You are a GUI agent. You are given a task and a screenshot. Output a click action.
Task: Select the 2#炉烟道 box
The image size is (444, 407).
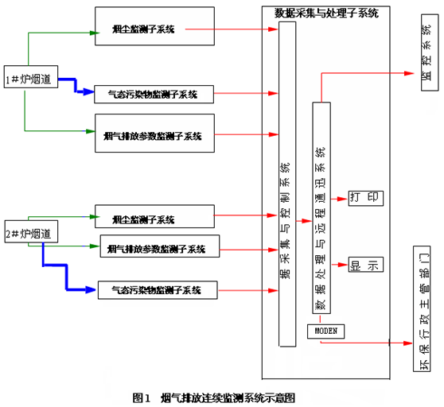coord(31,234)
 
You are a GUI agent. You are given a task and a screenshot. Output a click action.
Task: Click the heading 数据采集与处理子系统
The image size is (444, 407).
coord(326,13)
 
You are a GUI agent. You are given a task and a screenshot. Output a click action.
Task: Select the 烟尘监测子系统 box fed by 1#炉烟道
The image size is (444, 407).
coord(154,29)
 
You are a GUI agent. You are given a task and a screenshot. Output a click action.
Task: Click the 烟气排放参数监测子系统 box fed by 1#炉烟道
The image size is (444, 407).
coord(154,134)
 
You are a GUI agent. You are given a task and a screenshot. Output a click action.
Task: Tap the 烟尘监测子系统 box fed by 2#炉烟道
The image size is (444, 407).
coord(154,217)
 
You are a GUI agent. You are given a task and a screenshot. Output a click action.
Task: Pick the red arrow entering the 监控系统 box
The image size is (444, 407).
coord(366,74)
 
